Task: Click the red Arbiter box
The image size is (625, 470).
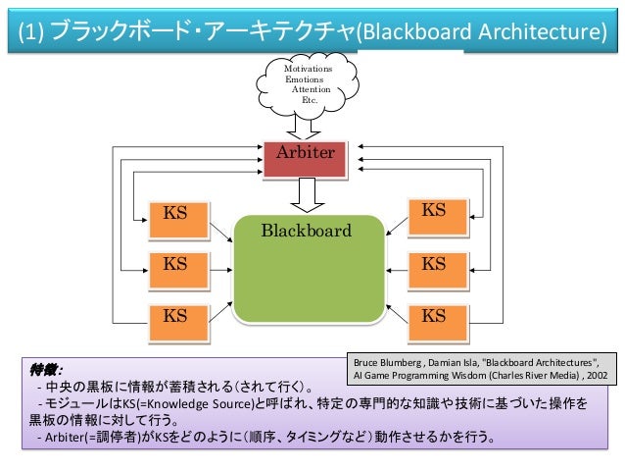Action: [305, 159]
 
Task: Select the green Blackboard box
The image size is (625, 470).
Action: [309, 269]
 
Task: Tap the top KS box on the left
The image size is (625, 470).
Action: [179, 220]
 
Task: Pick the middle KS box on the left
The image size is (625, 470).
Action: [179, 271]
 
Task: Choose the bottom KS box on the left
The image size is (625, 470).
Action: [179, 323]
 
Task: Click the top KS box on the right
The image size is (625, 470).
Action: [438, 217]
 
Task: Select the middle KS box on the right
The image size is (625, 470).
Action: [438, 271]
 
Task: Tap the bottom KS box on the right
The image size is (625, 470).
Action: [438, 323]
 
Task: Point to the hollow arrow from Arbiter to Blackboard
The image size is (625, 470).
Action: [307, 195]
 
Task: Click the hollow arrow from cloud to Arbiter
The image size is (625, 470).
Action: [304, 127]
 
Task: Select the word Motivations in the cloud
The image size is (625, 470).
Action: [309, 69]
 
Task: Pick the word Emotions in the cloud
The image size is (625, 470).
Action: [304, 79]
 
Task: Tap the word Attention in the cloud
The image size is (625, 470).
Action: [311, 89]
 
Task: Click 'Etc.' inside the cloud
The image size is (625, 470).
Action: [310, 100]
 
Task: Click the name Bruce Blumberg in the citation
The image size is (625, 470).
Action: [387, 363]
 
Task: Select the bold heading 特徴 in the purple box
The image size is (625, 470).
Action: [44, 370]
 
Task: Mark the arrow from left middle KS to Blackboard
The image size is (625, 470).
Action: [220, 271]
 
